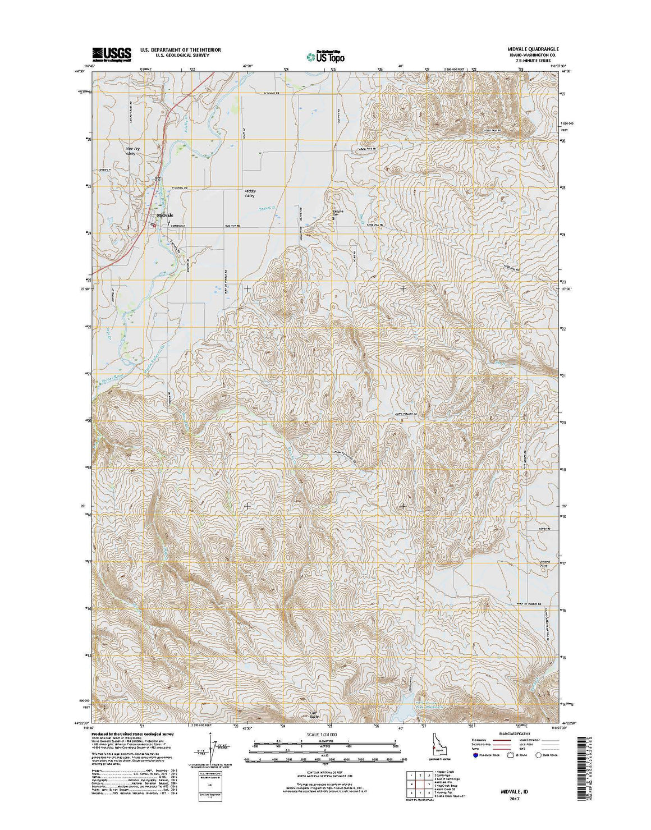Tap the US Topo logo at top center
[325, 56]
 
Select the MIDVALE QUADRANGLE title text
[524, 49]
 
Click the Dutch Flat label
[545, 564]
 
